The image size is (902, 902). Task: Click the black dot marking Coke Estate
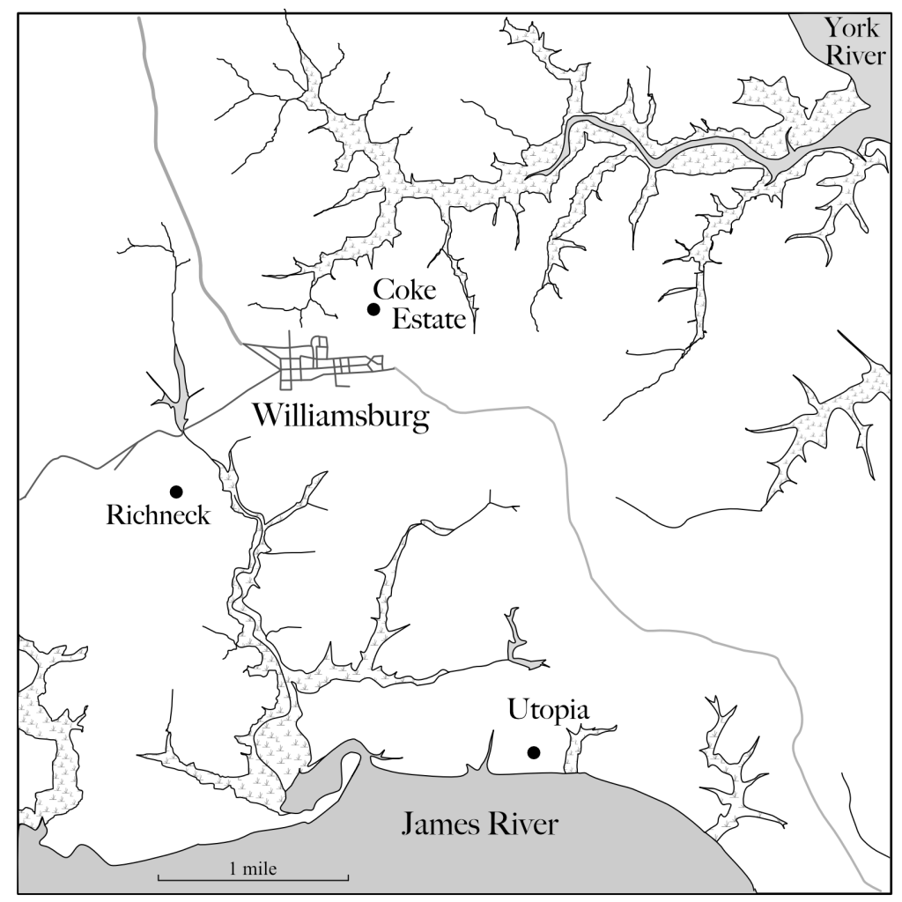[373, 308]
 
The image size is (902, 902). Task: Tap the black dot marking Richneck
[176, 491]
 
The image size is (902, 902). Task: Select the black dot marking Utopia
[533, 751]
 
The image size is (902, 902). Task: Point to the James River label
[480, 824]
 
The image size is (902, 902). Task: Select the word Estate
[427, 319]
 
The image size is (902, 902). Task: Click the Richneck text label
[159, 515]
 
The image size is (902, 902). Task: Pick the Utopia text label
[547, 710]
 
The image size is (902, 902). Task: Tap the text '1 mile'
[253, 869]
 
